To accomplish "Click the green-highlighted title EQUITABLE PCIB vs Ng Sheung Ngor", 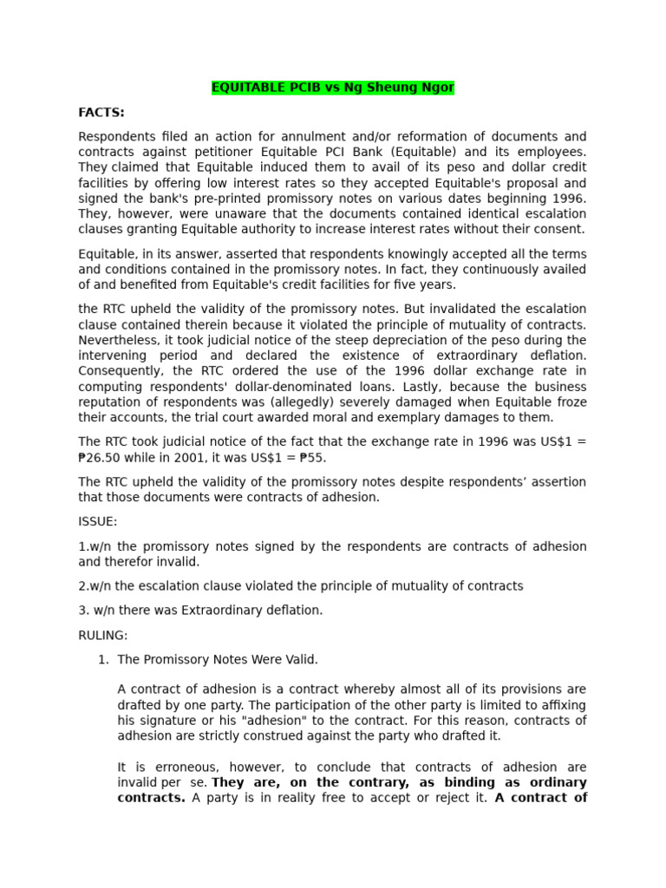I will click(x=333, y=88).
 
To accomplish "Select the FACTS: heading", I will click(x=101, y=112).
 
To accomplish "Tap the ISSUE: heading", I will click(x=97, y=521).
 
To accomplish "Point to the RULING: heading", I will click(x=102, y=635).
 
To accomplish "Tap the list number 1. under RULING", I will click(x=103, y=659).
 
